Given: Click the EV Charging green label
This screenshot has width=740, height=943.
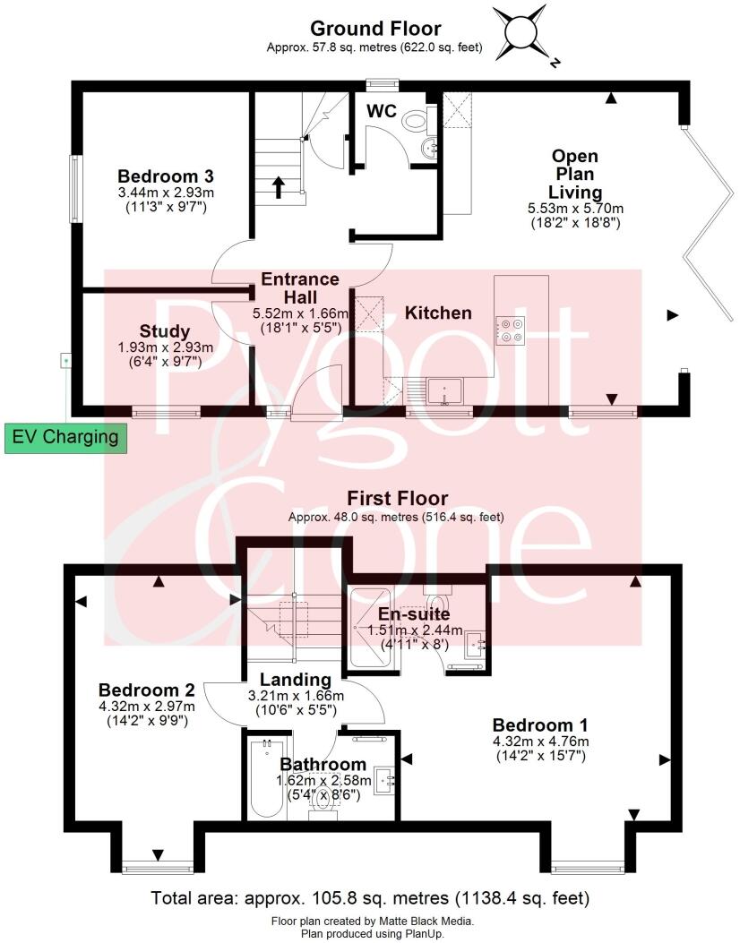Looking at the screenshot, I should (65, 438).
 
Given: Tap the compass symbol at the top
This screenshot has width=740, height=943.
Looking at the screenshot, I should (525, 32).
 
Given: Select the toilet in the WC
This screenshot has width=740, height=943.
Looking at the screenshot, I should (415, 120).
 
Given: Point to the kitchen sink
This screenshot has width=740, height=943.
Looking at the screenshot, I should (444, 390).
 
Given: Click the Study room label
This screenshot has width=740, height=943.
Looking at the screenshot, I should (165, 331).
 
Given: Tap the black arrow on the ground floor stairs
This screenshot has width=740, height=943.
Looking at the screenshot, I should (278, 186).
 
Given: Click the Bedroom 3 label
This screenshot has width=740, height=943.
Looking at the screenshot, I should (152, 175).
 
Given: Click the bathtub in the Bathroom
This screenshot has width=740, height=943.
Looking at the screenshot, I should (266, 777).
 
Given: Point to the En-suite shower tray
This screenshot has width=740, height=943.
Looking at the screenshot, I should (374, 629).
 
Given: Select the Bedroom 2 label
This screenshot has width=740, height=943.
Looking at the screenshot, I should (147, 690).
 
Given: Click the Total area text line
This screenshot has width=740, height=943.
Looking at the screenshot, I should (370, 897).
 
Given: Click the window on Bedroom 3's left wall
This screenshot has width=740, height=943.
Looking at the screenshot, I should (76, 190).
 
